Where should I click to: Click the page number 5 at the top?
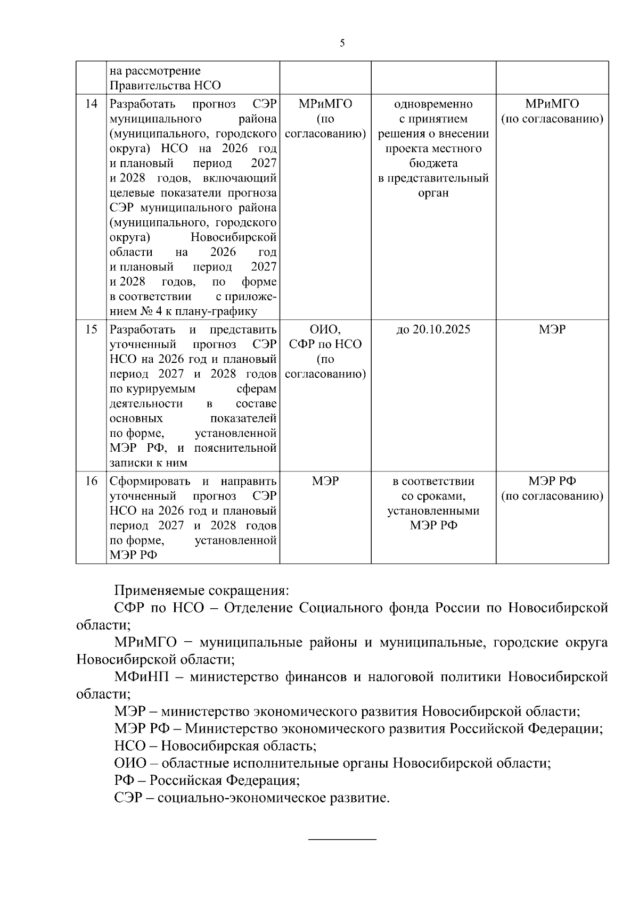342,43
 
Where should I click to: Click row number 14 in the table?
91,104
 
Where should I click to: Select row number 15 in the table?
91,329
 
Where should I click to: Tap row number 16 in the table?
91,482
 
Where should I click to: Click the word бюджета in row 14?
433,163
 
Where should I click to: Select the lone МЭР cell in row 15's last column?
552,329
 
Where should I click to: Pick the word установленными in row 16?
433,511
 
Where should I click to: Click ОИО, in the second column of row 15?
325,329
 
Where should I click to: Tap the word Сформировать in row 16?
150,482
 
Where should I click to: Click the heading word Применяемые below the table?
159,591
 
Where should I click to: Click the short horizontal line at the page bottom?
342,840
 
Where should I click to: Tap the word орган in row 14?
433,193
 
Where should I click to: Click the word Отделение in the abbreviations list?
258,608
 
